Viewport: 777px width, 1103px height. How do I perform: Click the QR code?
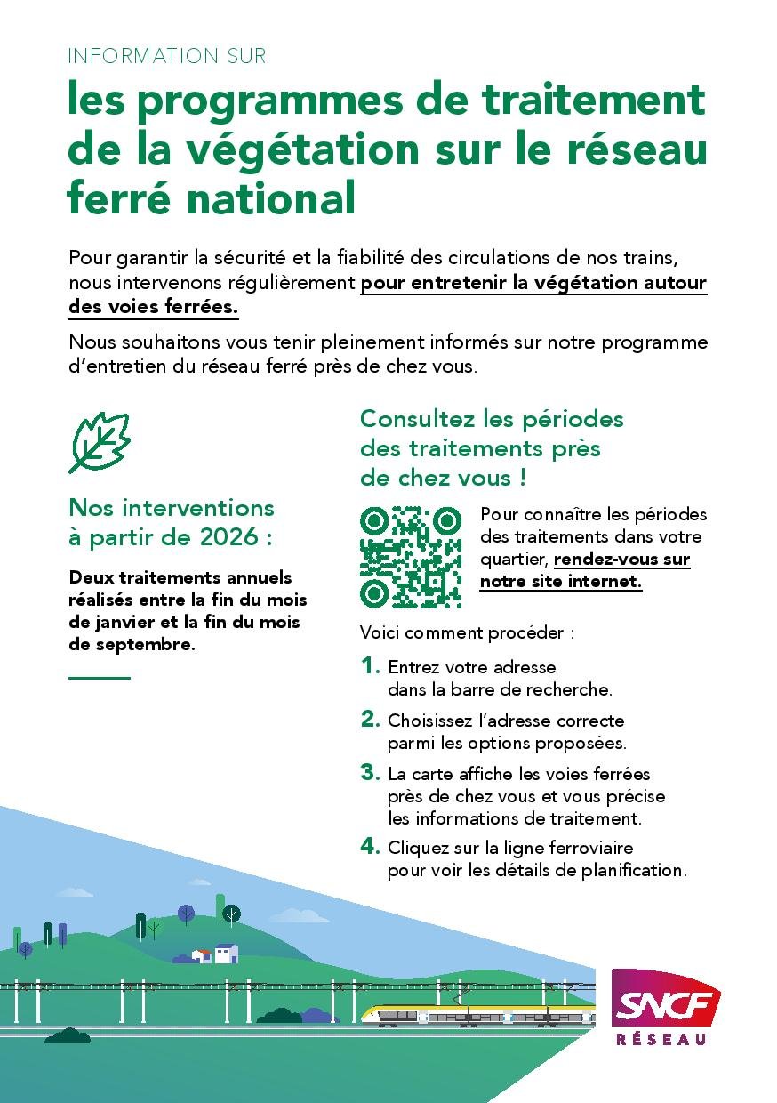[x=411, y=558]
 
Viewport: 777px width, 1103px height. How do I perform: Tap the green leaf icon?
[x=100, y=442]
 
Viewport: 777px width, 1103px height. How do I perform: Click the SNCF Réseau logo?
[x=665, y=1007]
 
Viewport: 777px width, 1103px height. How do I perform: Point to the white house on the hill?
[x=226, y=954]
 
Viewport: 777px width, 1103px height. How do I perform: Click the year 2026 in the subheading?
[x=236, y=538]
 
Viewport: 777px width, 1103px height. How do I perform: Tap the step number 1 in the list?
[x=370, y=665]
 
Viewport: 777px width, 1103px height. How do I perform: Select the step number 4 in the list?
[x=370, y=847]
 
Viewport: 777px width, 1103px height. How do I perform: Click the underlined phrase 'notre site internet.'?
[x=561, y=582]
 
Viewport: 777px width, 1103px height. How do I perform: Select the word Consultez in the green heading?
[x=417, y=418]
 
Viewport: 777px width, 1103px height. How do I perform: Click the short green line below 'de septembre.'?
[x=100, y=678]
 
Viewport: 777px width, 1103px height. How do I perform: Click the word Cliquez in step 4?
[x=417, y=848]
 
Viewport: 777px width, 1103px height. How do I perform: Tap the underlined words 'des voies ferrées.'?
[x=153, y=307]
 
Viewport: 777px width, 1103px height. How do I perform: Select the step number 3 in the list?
[x=370, y=773]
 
